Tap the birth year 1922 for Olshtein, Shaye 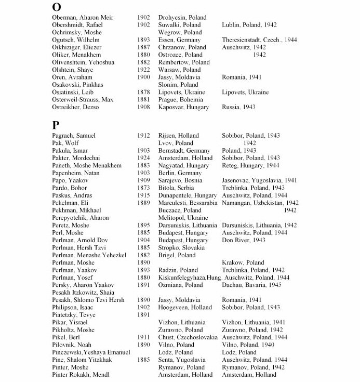[x=144, y=70]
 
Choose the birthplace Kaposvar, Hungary [x=183, y=107]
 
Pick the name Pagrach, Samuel [x=74, y=136]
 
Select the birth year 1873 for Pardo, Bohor [x=144, y=188]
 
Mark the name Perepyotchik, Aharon [x=81, y=218]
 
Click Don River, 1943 [x=244, y=240]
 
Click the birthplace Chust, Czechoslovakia [x=188, y=337]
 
